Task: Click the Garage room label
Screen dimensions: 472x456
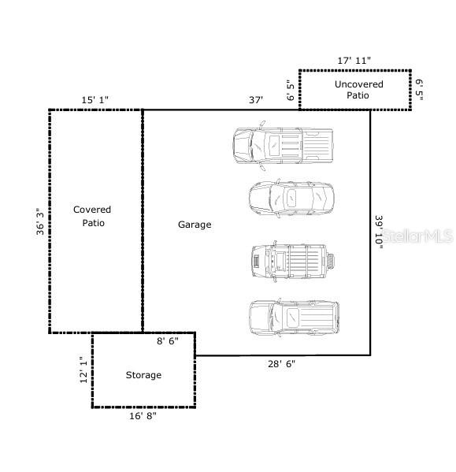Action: pyautogui.click(x=194, y=225)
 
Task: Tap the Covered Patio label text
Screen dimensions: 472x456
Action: pyautogui.click(x=92, y=216)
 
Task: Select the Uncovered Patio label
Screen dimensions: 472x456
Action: pyautogui.click(x=358, y=90)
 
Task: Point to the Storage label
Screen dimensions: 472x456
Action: pyautogui.click(x=143, y=375)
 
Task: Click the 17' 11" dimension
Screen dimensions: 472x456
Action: pyautogui.click(x=354, y=60)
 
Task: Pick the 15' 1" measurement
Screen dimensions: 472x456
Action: pyautogui.click(x=95, y=100)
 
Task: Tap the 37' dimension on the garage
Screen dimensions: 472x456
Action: pyautogui.click(x=255, y=100)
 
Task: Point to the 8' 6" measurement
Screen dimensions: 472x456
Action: pyautogui.click(x=168, y=341)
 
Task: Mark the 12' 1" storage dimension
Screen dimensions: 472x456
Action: pyautogui.click(x=83, y=370)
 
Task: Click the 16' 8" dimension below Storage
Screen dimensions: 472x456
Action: pyautogui.click(x=143, y=416)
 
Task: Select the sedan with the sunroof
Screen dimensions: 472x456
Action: pyautogui.click(x=291, y=198)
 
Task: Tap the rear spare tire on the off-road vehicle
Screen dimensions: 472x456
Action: pyautogui.click(x=332, y=261)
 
